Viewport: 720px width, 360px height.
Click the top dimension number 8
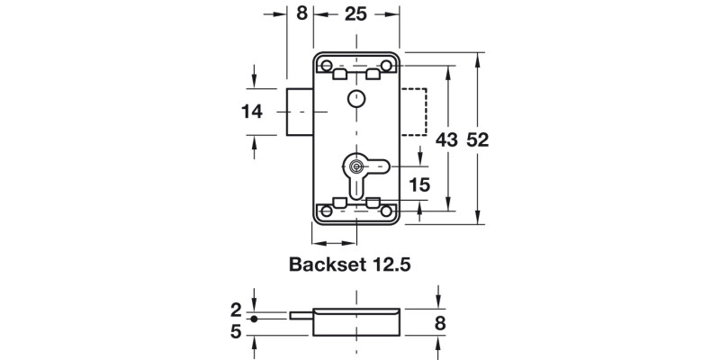point(301,14)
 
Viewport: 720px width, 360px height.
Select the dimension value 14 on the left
point(252,112)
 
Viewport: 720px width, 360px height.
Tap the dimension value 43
point(446,139)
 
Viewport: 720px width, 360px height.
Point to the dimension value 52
point(478,139)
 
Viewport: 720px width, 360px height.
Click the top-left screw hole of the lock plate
point(327,65)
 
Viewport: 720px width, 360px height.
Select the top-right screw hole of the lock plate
point(388,65)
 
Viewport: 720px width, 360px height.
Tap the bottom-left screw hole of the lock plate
point(327,211)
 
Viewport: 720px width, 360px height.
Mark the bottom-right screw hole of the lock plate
point(388,211)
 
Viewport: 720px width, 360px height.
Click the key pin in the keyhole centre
point(357,166)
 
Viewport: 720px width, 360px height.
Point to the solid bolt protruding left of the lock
point(300,112)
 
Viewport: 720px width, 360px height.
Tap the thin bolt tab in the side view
point(301,315)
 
